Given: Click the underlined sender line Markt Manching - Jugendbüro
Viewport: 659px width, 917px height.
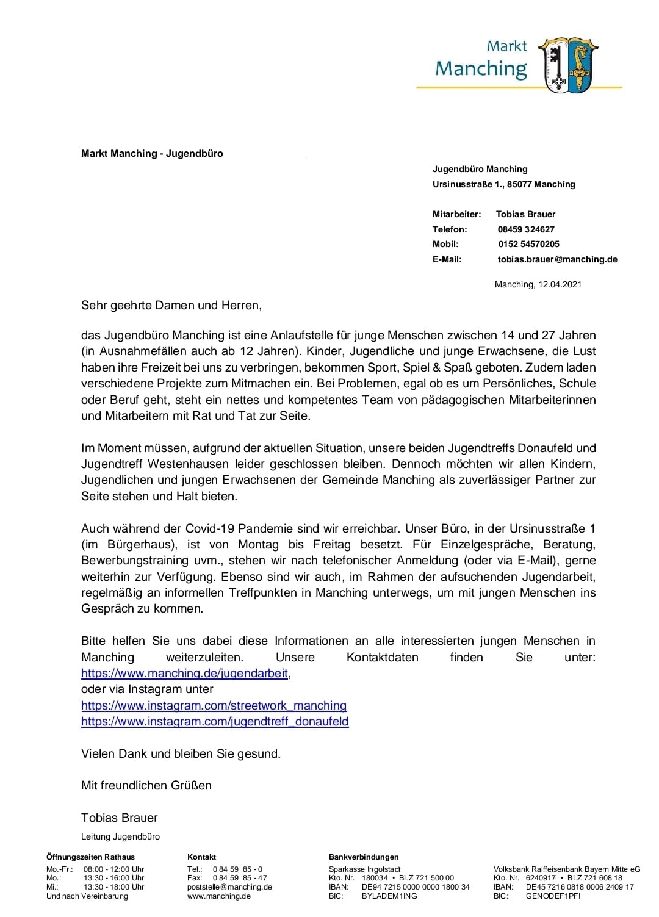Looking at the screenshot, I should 152,154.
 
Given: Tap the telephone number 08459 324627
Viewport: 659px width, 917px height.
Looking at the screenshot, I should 526,229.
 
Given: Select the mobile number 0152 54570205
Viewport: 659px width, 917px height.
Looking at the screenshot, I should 528,244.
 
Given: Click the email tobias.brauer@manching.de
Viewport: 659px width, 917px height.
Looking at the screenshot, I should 557,259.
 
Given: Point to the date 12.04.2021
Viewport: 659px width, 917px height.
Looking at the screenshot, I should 560,284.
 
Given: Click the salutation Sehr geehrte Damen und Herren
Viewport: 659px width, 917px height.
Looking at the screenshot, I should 171,305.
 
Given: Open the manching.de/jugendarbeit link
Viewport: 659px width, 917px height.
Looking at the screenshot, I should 184,674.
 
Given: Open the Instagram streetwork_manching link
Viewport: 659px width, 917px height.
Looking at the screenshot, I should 214,706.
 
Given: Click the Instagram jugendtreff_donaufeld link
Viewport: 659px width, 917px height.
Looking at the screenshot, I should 215,722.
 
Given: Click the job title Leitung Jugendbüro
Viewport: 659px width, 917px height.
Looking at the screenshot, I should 120,836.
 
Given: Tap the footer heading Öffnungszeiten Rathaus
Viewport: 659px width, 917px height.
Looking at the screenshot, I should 90,857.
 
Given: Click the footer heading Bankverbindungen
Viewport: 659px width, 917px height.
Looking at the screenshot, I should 364,857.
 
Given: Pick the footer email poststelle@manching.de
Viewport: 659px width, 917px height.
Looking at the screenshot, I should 229,887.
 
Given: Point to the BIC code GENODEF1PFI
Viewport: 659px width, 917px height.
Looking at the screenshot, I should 553,896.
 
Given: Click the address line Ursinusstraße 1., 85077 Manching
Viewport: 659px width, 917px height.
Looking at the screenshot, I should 503,184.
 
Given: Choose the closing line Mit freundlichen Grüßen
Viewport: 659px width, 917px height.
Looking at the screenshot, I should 146,786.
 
